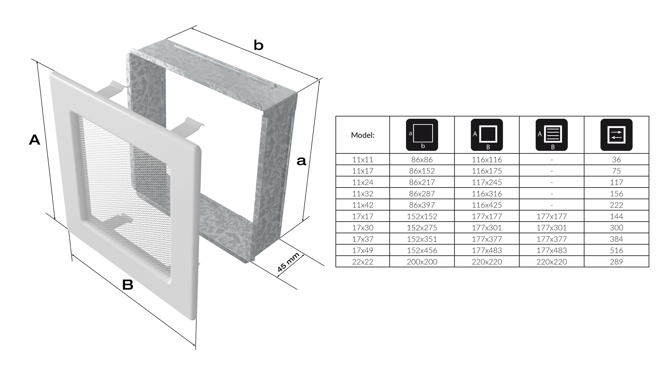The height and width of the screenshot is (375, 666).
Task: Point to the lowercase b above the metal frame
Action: click(x=259, y=45)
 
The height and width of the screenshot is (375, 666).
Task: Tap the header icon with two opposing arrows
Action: click(x=616, y=135)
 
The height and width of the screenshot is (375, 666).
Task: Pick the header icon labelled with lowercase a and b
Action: click(x=422, y=135)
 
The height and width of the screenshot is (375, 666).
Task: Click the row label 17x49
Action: click(x=363, y=250)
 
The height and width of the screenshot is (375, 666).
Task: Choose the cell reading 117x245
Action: click(x=487, y=182)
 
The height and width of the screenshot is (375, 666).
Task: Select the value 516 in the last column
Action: click(x=616, y=250)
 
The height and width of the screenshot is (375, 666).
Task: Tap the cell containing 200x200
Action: click(x=422, y=262)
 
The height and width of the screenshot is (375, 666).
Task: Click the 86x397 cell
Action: click(x=422, y=205)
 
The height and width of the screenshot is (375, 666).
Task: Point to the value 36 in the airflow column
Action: click(x=616, y=159)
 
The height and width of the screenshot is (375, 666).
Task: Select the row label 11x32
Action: click(x=363, y=194)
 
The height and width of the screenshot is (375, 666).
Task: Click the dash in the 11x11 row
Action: click(x=552, y=160)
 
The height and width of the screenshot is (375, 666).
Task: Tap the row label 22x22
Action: click(x=363, y=262)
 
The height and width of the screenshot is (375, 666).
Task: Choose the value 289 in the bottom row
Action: click(x=616, y=262)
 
